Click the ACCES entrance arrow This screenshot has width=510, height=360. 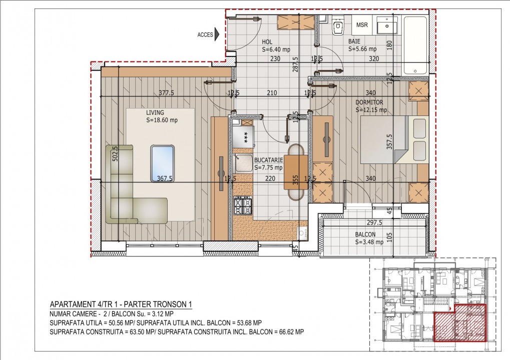pos(217,34)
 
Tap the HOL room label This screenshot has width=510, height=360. pos(267,42)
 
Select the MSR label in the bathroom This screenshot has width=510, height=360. pos(362,24)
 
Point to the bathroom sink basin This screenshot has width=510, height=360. pos(387,24)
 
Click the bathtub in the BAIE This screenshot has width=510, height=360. pos(415,45)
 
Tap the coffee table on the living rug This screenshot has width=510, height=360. pos(162,163)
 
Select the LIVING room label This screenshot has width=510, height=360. pos(155,112)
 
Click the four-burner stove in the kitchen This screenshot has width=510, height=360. pos(243,205)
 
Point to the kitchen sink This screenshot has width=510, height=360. pos(243,163)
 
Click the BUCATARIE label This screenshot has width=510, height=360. pos(269,160)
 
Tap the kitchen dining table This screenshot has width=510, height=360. pos(296,172)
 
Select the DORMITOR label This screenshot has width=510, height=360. pos(369,102)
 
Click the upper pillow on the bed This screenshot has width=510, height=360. pos(419,128)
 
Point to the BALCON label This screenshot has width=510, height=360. pos(365,234)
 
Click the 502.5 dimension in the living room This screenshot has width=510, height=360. pos(115,154)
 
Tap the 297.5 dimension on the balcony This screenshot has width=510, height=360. pos(374,222)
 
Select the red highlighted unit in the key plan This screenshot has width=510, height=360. pos(460,323)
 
